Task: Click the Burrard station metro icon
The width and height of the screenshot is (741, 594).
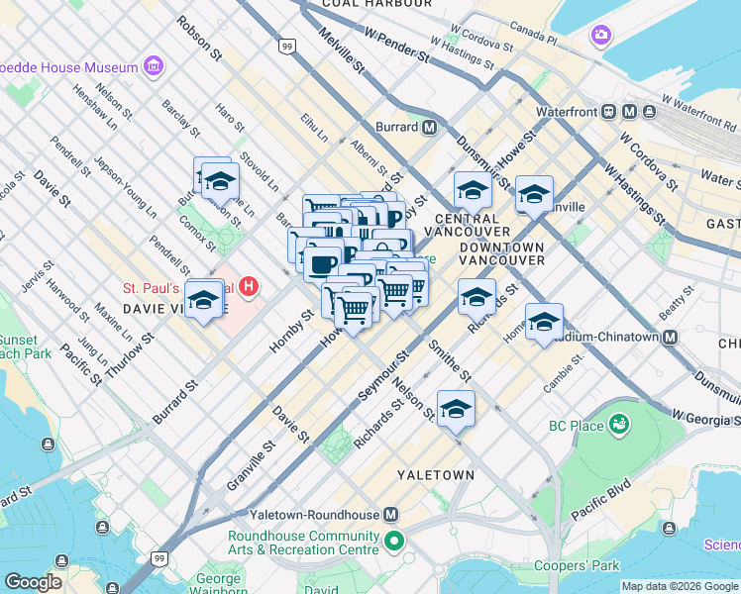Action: pyautogui.click(x=429, y=127)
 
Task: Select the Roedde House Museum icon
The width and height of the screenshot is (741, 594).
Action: pyautogui.click(x=154, y=66)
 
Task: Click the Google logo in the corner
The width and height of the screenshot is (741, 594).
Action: pyautogui.click(x=34, y=582)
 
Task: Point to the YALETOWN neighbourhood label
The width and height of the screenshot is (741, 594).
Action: pyautogui.click(x=436, y=475)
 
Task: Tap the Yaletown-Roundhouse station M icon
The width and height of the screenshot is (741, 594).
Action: pyautogui.click(x=391, y=515)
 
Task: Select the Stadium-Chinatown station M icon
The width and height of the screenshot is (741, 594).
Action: pyautogui.click(x=670, y=337)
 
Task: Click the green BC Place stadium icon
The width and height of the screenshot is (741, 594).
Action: pyautogui.click(x=621, y=426)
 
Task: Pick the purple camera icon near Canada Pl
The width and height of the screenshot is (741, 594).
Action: pyautogui.click(x=601, y=37)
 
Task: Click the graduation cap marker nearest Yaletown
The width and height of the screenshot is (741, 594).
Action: pyautogui.click(x=456, y=409)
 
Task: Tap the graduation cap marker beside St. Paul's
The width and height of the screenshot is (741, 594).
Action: pyautogui.click(x=203, y=299)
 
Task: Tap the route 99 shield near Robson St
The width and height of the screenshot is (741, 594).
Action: pyautogui.click(x=286, y=46)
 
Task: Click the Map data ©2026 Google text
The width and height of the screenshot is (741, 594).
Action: pyautogui.click(x=680, y=586)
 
